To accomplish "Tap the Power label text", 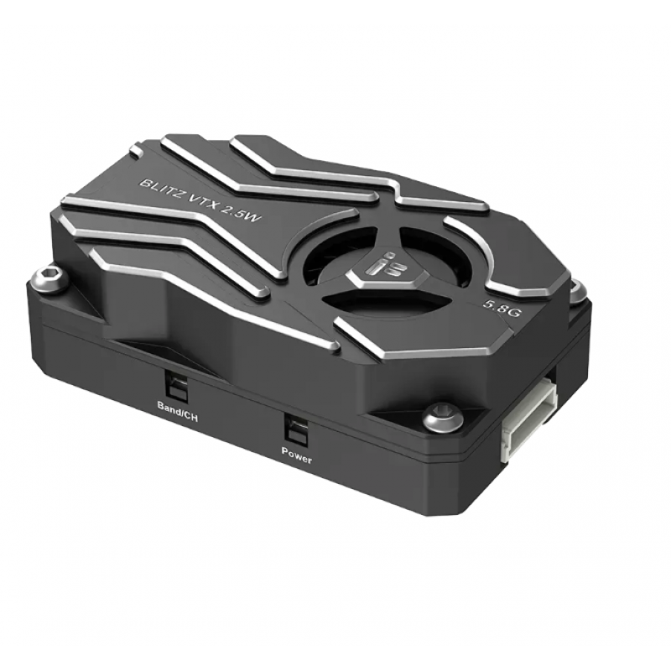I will (x=296, y=459).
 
